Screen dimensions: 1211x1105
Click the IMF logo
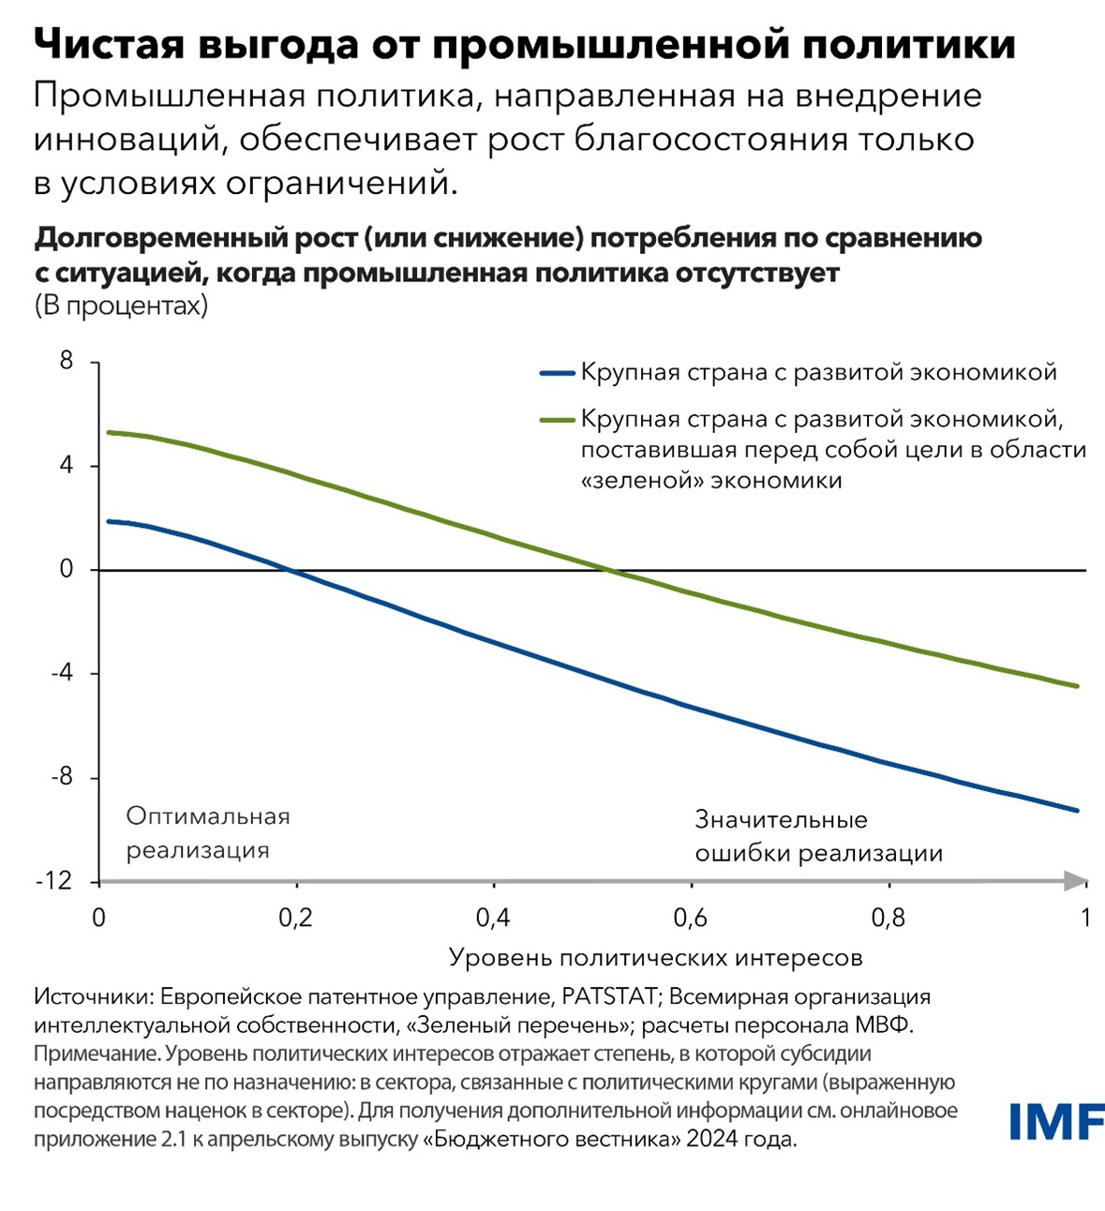pos(1056,1122)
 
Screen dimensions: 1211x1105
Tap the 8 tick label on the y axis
pos(66,361)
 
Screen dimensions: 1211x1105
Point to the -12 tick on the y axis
pos(53,881)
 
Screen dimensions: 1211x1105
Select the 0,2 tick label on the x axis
pos(295,918)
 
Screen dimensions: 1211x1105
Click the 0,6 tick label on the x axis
pos(691,918)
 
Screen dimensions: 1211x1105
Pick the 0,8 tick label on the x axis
pos(888,918)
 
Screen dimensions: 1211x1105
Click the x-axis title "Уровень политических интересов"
pos(655,958)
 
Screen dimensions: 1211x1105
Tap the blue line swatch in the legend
pos(557,373)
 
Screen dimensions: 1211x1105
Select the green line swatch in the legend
pos(557,419)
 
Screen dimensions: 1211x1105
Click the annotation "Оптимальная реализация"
pos(208,833)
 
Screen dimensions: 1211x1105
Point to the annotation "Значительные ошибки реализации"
pos(818,836)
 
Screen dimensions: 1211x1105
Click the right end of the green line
pos(1078,686)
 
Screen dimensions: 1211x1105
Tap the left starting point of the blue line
pos(108,521)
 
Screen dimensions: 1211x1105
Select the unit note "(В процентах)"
pos(121,306)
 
